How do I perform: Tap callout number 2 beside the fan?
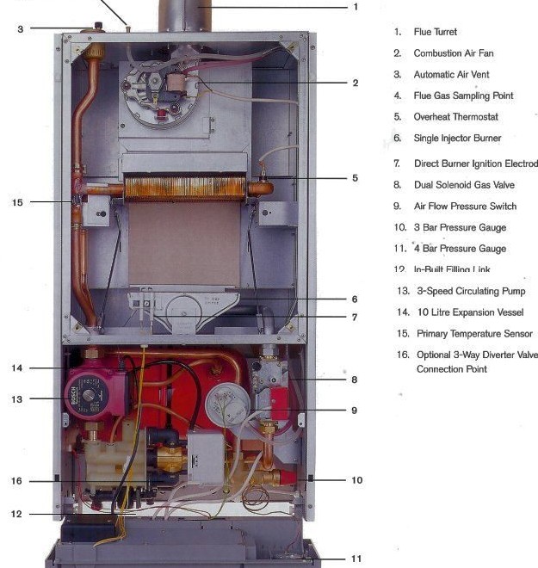(x=355, y=83)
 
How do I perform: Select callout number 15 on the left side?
(x=18, y=202)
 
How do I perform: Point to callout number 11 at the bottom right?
(x=356, y=559)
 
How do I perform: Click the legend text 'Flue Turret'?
(x=436, y=32)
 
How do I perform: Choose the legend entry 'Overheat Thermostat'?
(x=455, y=117)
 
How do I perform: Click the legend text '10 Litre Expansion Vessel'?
(x=468, y=312)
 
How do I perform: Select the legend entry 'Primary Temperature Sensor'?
(x=473, y=334)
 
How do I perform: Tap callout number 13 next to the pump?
(x=17, y=399)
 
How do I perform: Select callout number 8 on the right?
(x=355, y=379)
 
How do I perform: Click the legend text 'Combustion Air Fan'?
(x=454, y=53)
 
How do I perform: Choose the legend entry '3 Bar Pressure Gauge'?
(x=460, y=228)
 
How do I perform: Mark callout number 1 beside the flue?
(x=355, y=7)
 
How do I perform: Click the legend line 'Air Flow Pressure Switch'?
(x=465, y=207)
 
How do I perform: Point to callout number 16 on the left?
(x=17, y=481)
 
